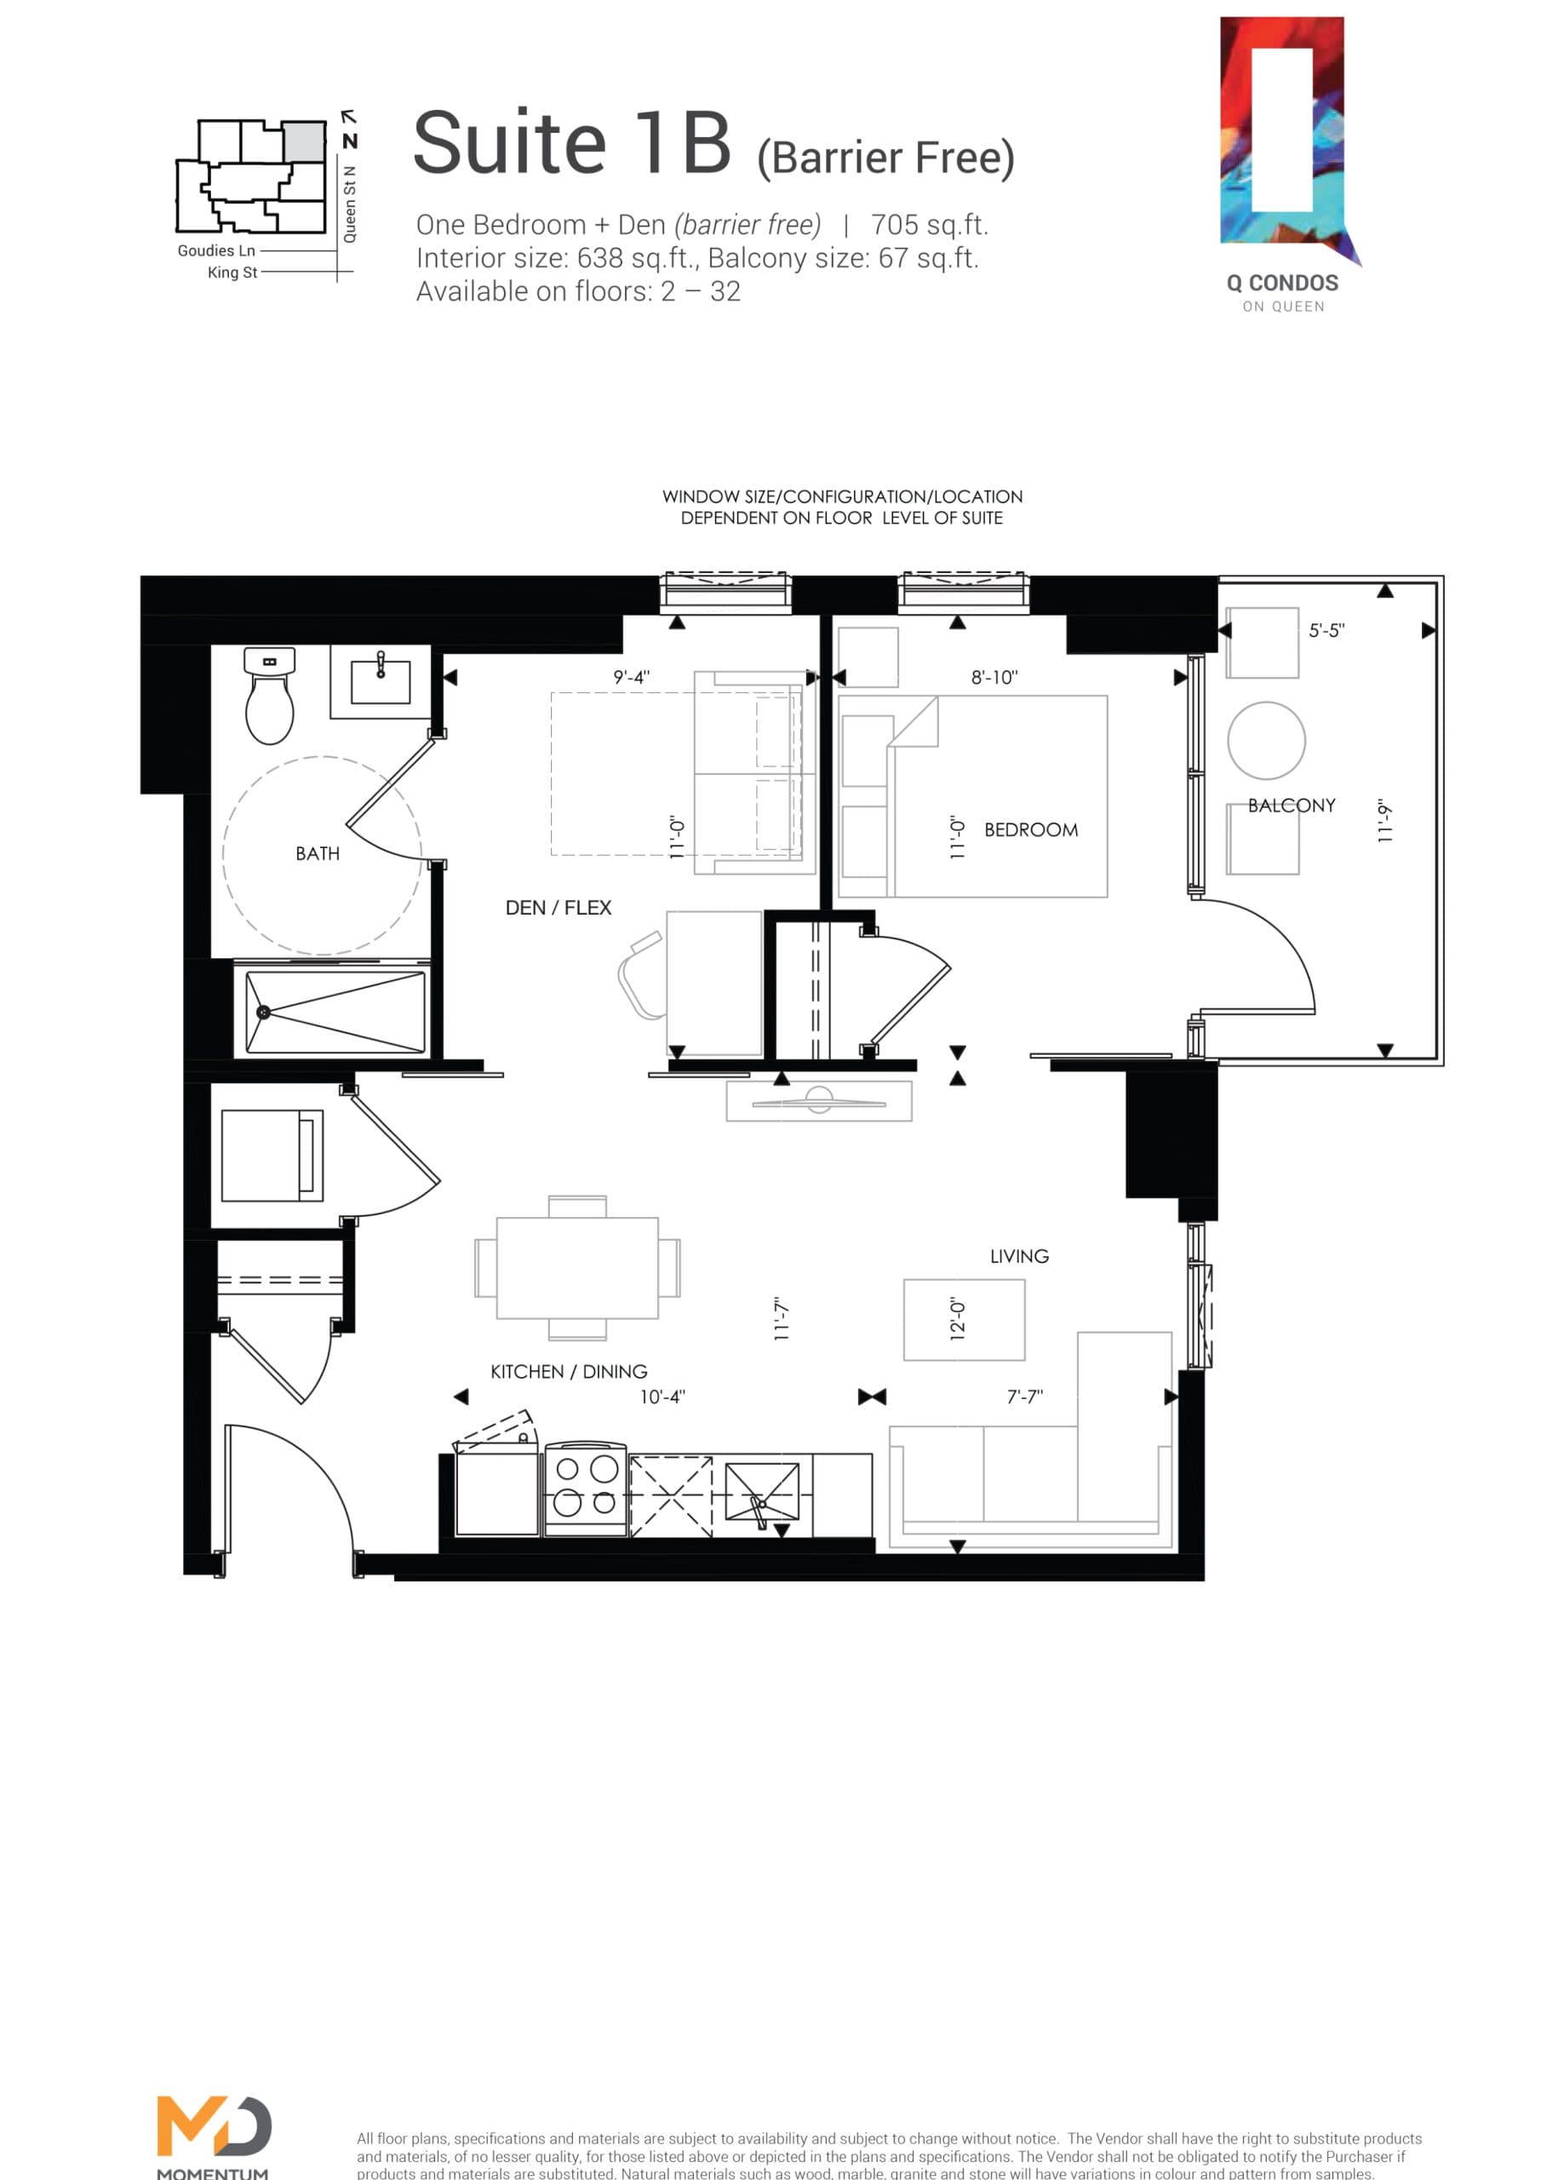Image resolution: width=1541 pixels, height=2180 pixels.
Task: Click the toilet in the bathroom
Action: point(270,698)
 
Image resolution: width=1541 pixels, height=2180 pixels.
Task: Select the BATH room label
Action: point(317,853)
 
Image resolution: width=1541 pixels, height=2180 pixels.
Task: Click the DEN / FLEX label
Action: point(559,908)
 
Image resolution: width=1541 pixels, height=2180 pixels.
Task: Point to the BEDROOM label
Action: point(1031,829)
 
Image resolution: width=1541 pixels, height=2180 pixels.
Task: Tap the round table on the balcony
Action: point(1266,741)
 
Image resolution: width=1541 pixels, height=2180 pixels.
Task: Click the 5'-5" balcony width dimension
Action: point(1326,630)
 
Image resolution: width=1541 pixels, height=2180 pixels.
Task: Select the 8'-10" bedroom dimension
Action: point(994,677)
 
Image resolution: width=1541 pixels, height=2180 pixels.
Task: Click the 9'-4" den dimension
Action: point(632,677)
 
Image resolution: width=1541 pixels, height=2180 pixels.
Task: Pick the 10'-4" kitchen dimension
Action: point(662,1397)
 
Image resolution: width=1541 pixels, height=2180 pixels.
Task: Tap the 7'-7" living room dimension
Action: point(1024,1397)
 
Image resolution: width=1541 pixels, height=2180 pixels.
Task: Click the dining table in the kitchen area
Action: point(577,1268)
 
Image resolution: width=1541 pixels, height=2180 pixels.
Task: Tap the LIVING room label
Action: point(1019,1256)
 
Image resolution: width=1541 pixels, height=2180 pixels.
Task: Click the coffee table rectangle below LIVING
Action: point(964,1320)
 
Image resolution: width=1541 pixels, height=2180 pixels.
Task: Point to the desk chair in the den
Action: point(641,978)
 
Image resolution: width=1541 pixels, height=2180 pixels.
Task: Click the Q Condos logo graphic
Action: point(1284,142)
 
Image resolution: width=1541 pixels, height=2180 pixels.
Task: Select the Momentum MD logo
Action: point(214,2130)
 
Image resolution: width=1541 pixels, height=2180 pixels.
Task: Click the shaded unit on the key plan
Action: point(305,141)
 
